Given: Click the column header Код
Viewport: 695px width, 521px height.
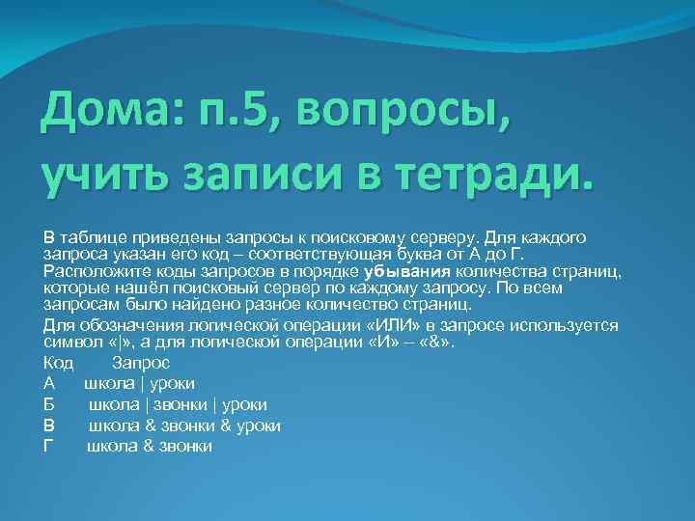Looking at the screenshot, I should pyautogui.click(x=59, y=363).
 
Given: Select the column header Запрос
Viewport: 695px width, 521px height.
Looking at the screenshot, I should pyautogui.click(x=141, y=363).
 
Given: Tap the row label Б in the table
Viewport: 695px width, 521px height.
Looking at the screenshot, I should pyautogui.click(x=49, y=404).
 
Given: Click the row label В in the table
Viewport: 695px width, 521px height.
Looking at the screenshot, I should pyautogui.click(x=49, y=425).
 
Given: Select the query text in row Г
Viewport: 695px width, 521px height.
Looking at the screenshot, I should pyautogui.click(x=150, y=446).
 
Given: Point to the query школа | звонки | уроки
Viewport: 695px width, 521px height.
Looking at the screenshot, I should pyautogui.click(x=179, y=404).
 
